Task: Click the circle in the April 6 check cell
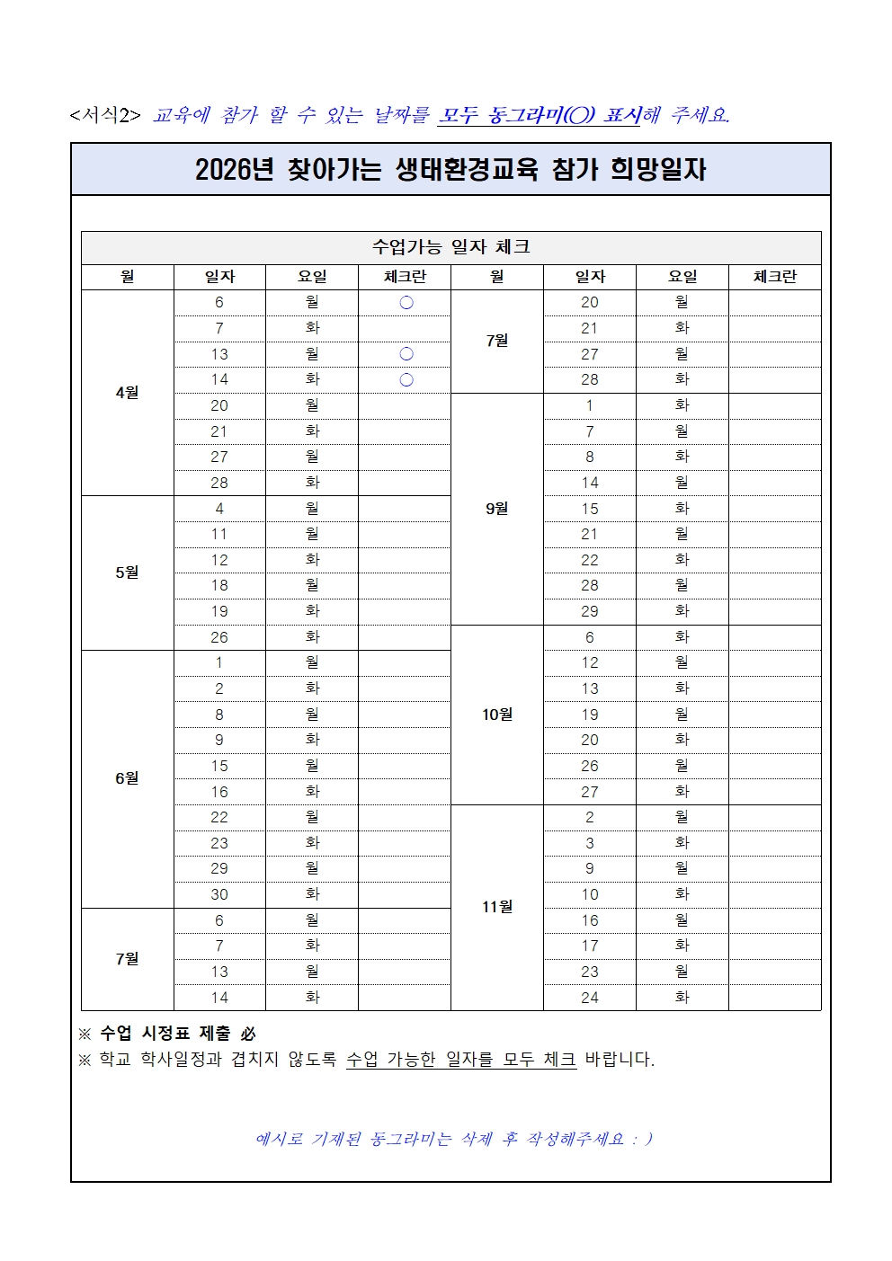(406, 303)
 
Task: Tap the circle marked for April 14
(406, 380)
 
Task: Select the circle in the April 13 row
(406, 354)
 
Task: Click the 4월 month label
(127, 393)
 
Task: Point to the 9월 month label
(497, 509)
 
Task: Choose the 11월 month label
(497, 907)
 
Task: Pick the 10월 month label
(497, 715)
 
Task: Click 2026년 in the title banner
(234, 170)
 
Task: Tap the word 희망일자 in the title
(658, 170)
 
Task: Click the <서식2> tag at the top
(105, 115)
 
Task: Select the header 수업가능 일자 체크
(450, 247)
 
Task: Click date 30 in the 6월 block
(219, 894)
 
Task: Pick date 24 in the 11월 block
(590, 998)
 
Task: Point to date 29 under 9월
(590, 611)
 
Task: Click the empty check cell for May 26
(405, 637)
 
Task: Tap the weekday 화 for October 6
(682, 637)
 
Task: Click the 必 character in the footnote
(247, 1035)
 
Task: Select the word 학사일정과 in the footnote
(181, 1060)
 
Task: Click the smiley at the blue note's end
(642, 1140)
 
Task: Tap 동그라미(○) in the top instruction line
(541, 115)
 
